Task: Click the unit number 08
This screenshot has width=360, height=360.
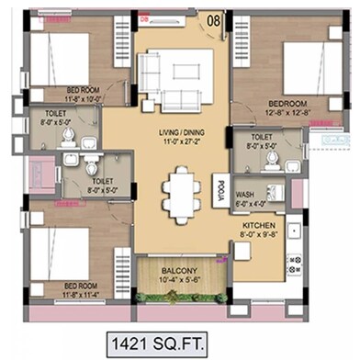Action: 213,18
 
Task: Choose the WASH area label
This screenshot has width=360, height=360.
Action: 245,195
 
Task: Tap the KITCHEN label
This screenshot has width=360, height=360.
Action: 260,224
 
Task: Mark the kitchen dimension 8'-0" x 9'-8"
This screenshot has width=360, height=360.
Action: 260,234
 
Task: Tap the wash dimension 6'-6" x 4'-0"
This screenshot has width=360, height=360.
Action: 245,204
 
